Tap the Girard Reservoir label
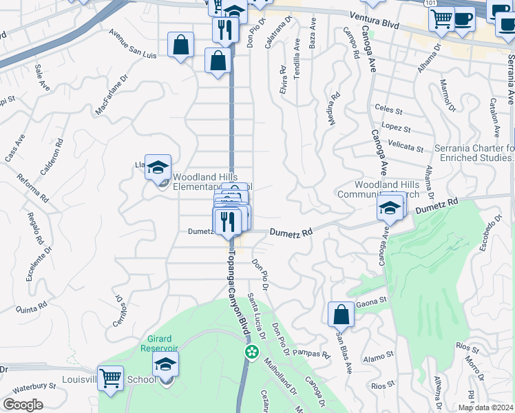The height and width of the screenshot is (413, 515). (x=162, y=343)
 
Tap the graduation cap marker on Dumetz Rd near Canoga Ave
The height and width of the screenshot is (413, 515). (x=390, y=208)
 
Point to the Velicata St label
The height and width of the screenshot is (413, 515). (x=405, y=147)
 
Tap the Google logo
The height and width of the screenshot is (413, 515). (x=22, y=405)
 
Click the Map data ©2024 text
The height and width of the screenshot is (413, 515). (x=485, y=407)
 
